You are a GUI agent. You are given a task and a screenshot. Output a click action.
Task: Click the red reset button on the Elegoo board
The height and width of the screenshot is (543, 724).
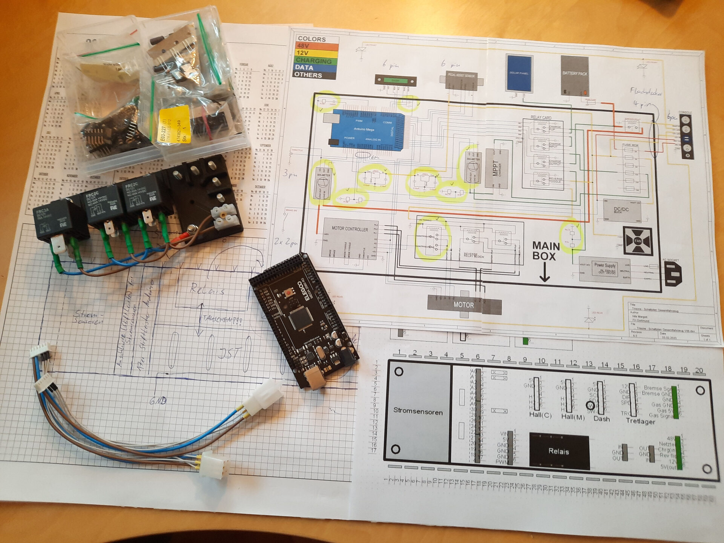290,291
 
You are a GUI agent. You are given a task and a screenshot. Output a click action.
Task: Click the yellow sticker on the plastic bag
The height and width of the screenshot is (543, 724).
174,124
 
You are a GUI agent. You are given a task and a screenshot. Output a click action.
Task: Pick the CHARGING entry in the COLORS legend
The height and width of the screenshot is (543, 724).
314,60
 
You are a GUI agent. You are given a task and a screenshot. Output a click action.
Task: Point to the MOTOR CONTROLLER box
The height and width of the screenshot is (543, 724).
350,238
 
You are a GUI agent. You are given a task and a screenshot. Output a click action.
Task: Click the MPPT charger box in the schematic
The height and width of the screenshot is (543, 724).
496,168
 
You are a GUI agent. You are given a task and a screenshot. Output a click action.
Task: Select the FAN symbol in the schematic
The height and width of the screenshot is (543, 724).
638,241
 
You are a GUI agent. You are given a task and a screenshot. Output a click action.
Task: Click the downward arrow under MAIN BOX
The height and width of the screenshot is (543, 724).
544,273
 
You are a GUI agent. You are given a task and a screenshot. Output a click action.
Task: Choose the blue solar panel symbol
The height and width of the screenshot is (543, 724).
519,74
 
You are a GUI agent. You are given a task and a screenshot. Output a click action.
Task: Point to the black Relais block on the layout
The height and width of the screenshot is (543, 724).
559,451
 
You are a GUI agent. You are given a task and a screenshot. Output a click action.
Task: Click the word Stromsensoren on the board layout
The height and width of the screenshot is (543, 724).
418,411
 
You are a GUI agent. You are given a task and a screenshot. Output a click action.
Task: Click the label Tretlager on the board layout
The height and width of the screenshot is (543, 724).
640,421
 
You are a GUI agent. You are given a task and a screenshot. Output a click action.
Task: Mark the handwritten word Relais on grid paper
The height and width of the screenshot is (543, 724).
207,290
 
